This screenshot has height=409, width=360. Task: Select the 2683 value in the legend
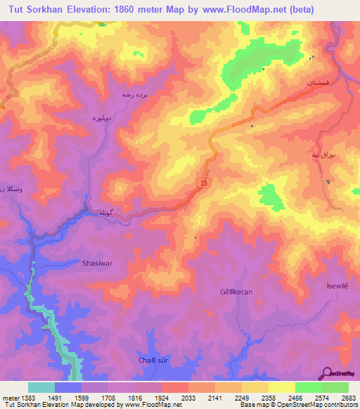pos(348,397)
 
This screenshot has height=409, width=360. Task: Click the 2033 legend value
pos(188,397)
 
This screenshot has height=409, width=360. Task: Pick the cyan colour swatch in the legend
pos(41,387)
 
